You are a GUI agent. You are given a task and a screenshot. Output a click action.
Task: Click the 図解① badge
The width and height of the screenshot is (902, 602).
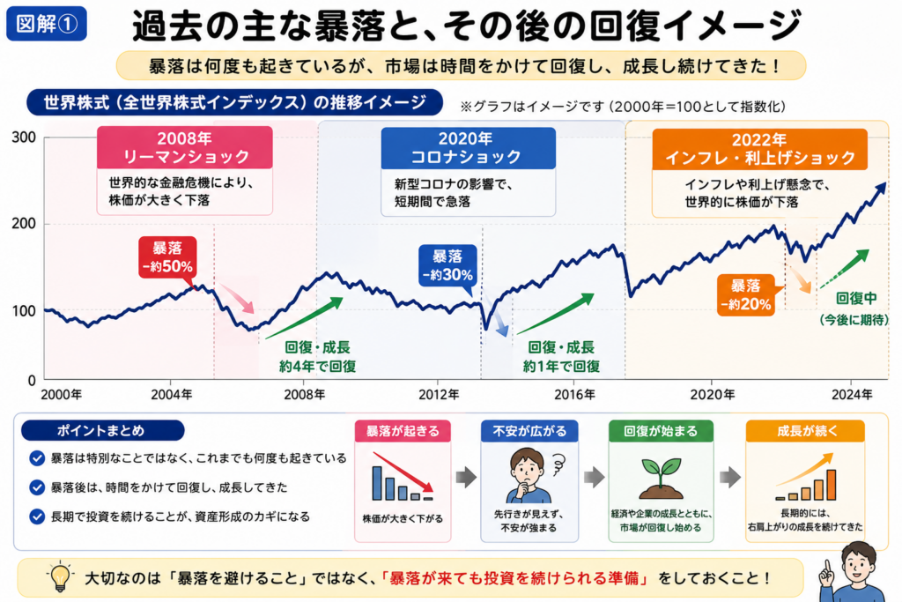pos(47,24)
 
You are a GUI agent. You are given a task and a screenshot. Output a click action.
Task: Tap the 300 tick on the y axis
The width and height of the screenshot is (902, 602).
pos(24,137)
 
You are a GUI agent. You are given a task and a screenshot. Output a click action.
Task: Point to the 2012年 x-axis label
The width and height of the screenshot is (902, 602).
pos(439,394)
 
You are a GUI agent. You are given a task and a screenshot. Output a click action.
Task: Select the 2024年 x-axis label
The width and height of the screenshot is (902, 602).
pos(852,394)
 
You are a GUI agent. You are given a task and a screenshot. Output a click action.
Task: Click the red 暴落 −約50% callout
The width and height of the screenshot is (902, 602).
pos(167,257)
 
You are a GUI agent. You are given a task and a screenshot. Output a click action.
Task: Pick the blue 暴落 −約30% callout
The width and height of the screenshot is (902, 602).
pos(447,265)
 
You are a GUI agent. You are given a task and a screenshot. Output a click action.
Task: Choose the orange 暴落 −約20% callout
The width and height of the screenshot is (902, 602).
pos(746,295)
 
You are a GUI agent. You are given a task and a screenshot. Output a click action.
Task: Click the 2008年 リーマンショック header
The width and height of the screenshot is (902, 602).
pos(185,147)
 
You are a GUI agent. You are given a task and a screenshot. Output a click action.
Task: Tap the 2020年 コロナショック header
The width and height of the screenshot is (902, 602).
pos(469,148)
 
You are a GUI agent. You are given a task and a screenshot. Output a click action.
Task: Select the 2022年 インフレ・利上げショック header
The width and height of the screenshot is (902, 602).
pos(759,149)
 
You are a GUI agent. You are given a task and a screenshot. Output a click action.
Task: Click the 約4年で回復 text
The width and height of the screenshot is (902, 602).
pos(317,367)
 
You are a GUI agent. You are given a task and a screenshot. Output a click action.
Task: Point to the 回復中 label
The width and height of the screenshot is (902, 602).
pos(856,298)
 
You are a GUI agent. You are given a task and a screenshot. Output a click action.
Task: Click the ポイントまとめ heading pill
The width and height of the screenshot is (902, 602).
pos(102,430)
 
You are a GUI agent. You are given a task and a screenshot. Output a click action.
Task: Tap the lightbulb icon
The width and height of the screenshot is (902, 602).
pos(60,576)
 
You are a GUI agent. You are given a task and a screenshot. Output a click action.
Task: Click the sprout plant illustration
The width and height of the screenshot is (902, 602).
pos(662,478)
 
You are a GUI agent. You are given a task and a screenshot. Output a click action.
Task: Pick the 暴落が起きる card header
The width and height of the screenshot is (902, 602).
pos(403,431)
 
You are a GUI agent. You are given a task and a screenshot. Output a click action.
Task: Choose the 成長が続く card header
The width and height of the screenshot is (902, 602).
pos(805,431)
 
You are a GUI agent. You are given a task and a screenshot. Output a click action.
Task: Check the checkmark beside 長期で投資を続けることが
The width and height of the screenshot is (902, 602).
pos(37,517)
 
